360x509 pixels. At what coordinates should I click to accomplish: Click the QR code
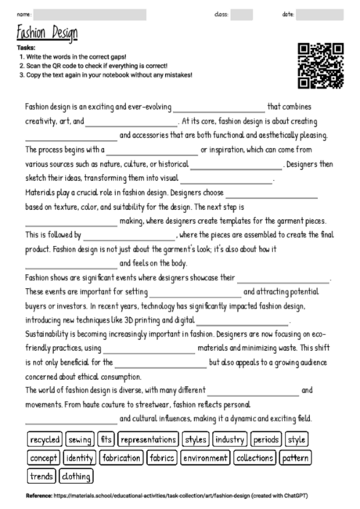pos(321,66)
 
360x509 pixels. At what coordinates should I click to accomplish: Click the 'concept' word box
pos(44,457)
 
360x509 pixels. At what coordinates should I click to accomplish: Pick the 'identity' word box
pos(80,457)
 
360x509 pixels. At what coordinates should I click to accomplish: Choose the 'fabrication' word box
pos(121,457)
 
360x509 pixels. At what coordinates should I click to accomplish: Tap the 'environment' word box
pos(205,457)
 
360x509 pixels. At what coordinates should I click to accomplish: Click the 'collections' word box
pos(254,457)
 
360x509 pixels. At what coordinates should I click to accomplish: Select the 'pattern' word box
pos(295,457)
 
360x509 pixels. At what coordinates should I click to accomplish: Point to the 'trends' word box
pos(41,475)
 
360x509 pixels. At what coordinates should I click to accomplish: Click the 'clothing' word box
pos(76,475)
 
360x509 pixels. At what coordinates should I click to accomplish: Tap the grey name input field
pos(89,14)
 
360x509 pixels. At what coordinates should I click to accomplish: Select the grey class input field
pos(241,14)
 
